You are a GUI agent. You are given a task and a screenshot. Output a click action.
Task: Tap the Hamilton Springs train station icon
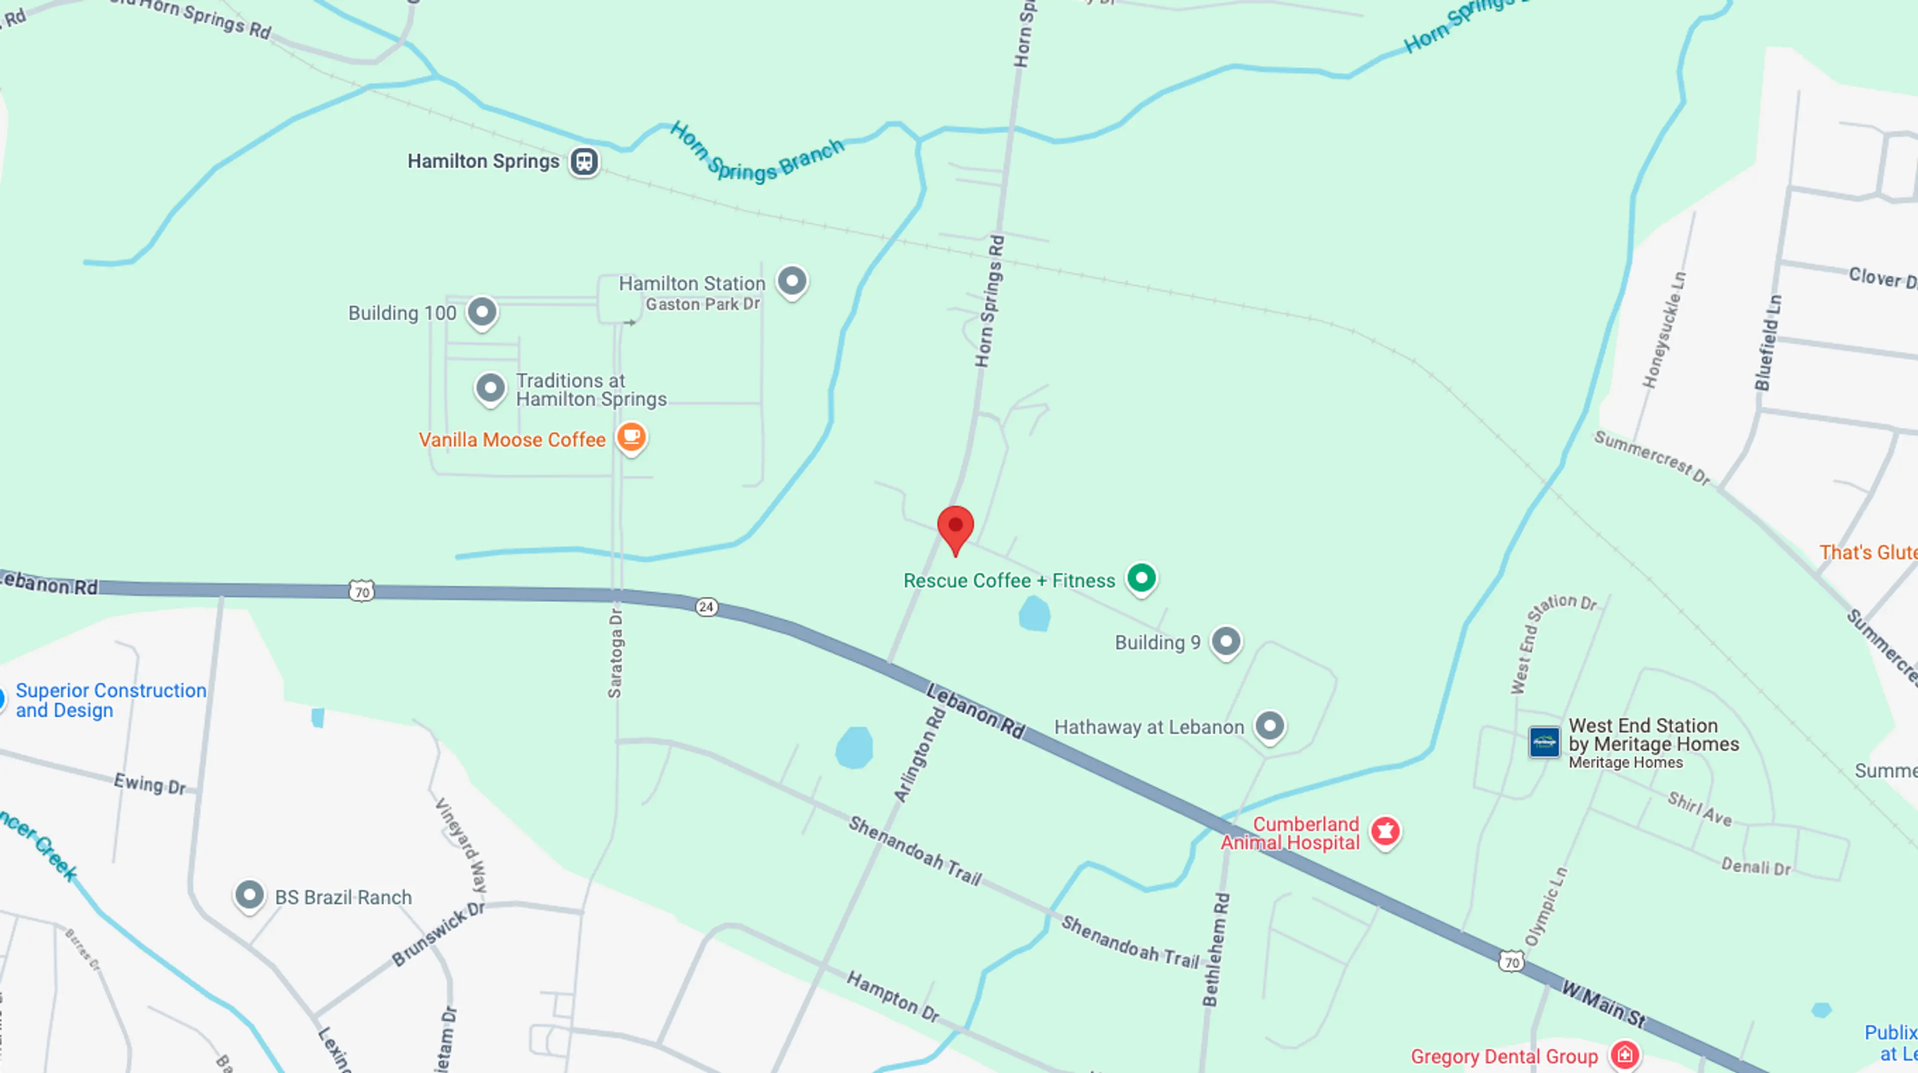584,162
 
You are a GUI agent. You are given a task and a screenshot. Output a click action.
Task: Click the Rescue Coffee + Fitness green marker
1141,578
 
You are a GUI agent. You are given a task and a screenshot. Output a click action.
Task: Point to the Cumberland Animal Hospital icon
1385,830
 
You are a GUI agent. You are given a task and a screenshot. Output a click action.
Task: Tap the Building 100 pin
481,312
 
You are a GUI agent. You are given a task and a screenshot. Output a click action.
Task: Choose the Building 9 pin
1226,641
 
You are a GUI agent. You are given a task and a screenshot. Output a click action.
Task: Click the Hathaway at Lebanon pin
1270,726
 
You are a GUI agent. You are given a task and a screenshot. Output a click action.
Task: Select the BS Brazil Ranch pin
249,895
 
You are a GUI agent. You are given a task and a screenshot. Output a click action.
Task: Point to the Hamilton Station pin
792,281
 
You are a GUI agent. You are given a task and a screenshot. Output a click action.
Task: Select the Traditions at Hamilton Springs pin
490,388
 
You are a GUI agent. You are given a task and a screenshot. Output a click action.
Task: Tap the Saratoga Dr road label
615,653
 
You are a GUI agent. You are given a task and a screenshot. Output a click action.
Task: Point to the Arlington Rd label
920,755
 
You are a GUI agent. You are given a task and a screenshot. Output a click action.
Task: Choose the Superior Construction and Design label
111,700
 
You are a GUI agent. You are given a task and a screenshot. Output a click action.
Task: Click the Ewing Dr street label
150,784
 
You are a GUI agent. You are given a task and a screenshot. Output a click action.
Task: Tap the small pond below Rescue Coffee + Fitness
1034,615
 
